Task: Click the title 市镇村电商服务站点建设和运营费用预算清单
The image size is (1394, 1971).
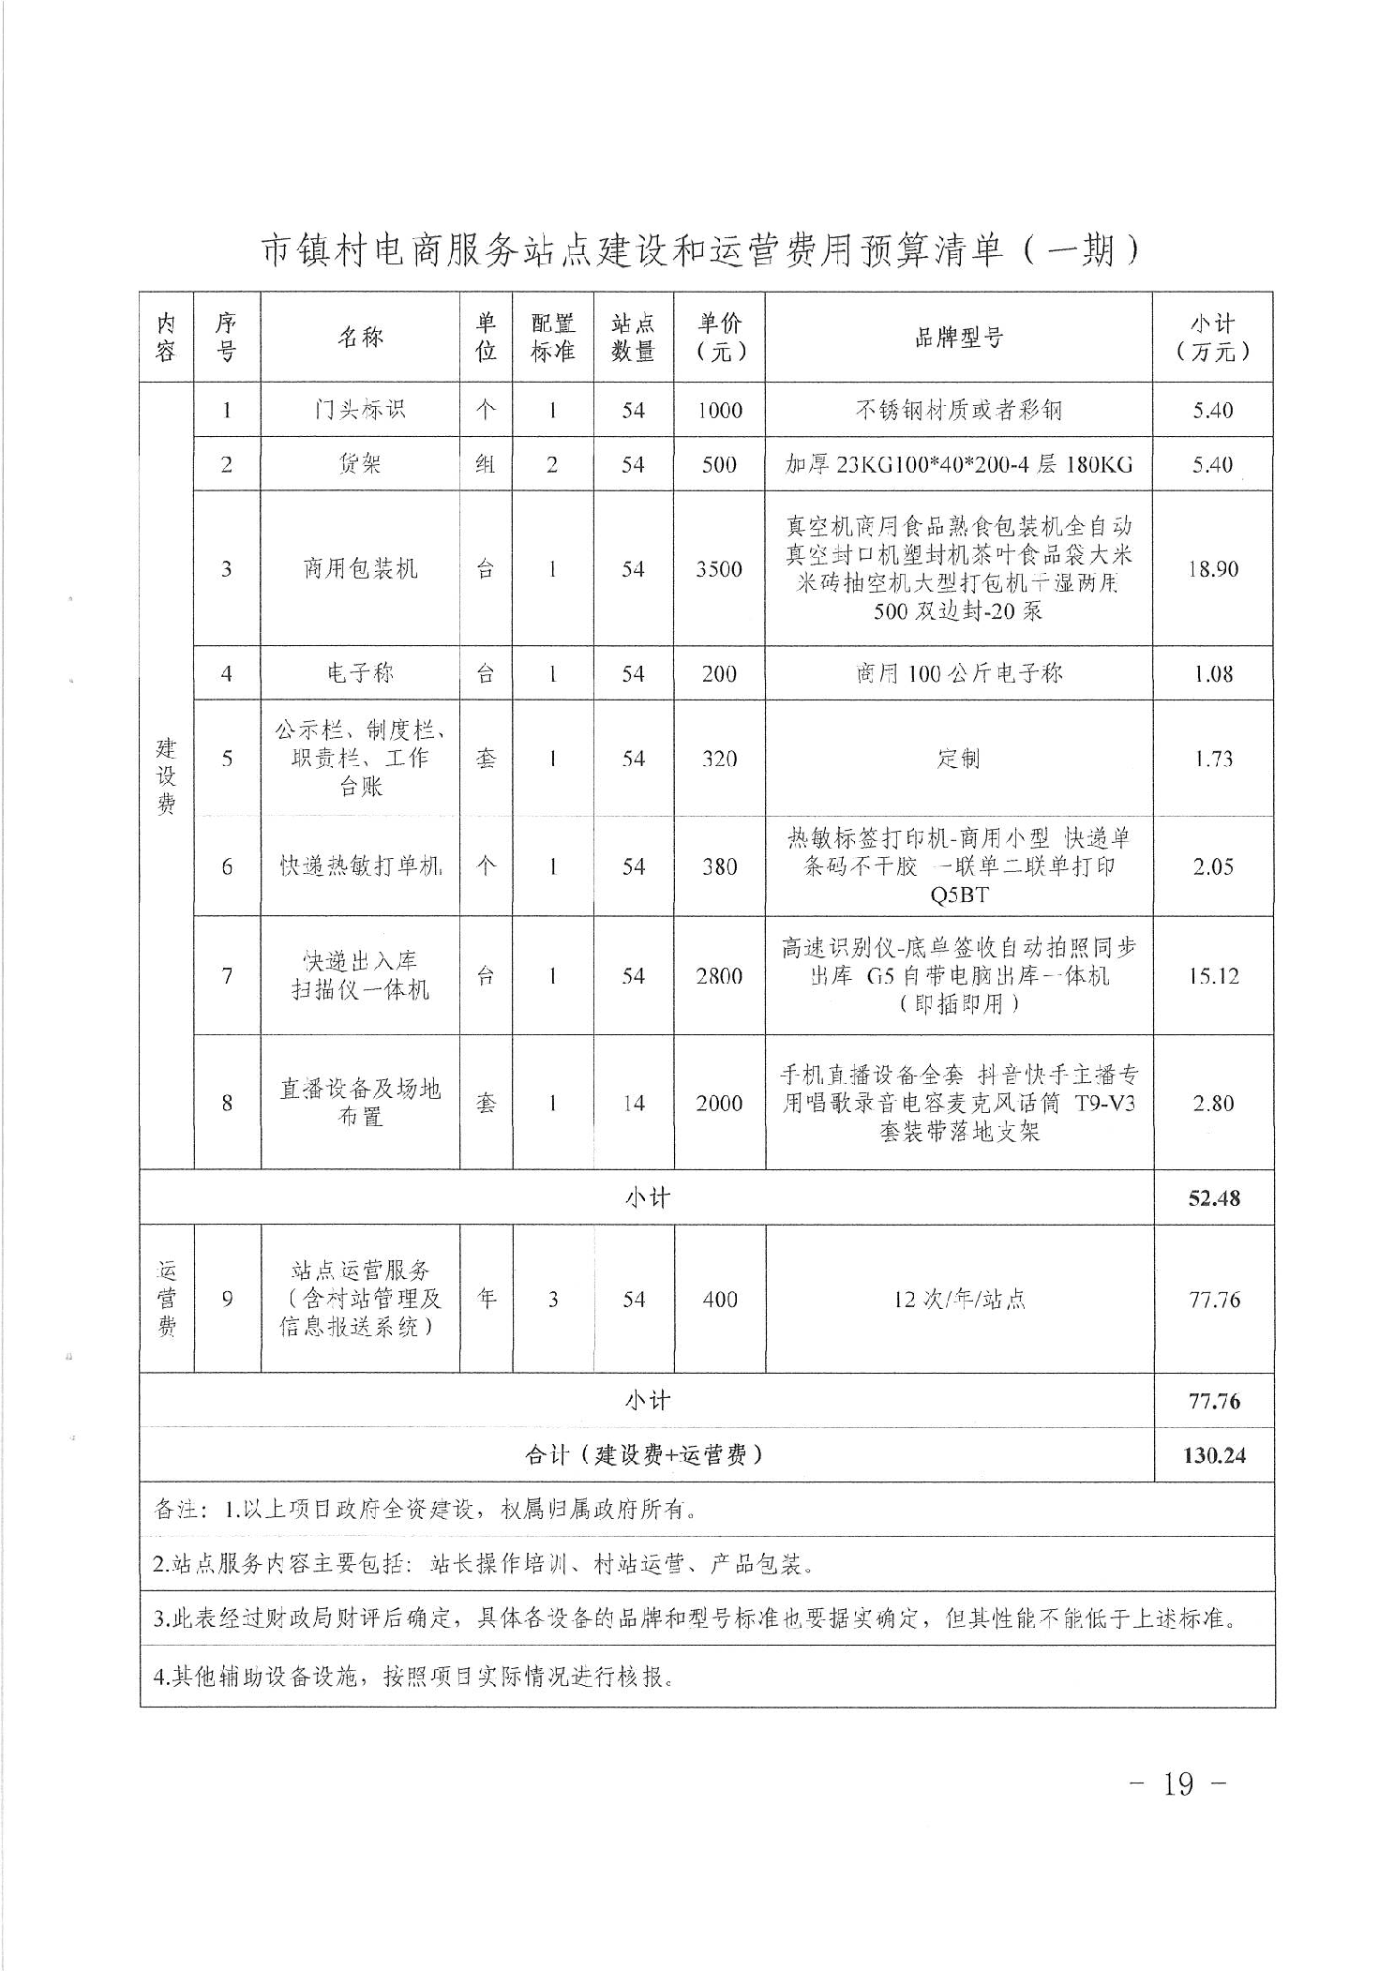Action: pyautogui.click(x=698, y=250)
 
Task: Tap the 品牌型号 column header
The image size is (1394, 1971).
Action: pyautogui.click(x=958, y=338)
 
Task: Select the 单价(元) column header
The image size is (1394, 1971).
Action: pyautogui.click(x=719, y=338)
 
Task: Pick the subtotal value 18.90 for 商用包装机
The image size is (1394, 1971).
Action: pyautogui.click(x=1212, y=569)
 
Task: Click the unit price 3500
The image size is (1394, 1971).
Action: pyautogui.click(x=719, y=569)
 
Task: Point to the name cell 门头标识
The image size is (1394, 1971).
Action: pyautogui.click(x=360, y=410)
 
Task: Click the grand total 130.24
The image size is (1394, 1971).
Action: pyautogui.click(x=1214, y=1455)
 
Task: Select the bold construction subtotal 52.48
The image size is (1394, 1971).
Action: pyautogui.click(x=1214, y=1198)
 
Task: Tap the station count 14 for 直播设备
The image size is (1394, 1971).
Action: pyautogui.click(x=634, y=1104)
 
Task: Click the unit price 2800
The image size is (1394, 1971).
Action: pyautogui.click(x=719, y=976)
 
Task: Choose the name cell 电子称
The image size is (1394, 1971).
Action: pyautogui.click(x=360, y=673)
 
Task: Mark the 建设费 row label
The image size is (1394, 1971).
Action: pyautogui.click(x=166, y=776)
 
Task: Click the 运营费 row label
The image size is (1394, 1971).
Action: pyautogui.click(x=167, y=1299)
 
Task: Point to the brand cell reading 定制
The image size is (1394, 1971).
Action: pyautogui.click(x=958, y=759)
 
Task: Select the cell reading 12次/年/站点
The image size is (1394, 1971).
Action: pyautogui.click(x=959, y=1300)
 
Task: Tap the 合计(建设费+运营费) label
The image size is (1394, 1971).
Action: pyautogui.click(x=646, y=1455)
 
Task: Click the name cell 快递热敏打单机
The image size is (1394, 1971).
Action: pyautogui.click(x=360, y=866)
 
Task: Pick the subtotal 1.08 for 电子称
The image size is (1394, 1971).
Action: pyautogui.click(x=1213, y=673)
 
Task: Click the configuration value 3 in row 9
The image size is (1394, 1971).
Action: pyautogui.click(x=553, y=1300)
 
